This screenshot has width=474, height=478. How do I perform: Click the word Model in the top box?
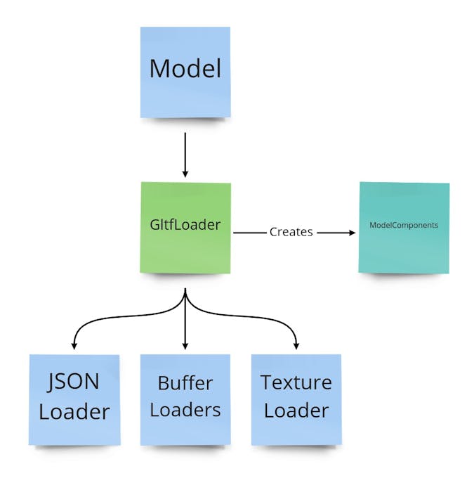[185, 69]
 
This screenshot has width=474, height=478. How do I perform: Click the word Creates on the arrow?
[291, 231]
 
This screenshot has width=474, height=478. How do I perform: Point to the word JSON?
[74, 384]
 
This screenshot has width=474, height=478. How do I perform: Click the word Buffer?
[185, 384]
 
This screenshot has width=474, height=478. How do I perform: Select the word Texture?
[296, 384]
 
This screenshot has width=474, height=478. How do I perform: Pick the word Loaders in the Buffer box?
[185, 410]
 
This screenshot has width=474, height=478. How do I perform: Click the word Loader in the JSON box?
[74, 412]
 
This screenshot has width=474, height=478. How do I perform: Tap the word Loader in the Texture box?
[296, 411]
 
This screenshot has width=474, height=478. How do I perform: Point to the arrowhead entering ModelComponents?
[352, 231]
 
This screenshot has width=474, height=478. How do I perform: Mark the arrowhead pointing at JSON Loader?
[73, 346]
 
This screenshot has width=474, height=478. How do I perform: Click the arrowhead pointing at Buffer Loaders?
[185, 346]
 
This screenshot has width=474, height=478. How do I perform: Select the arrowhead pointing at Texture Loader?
[296, 346]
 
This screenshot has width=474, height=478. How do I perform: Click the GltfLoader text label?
[185, 226]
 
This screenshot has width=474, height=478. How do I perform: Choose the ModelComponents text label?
[404, 226]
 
